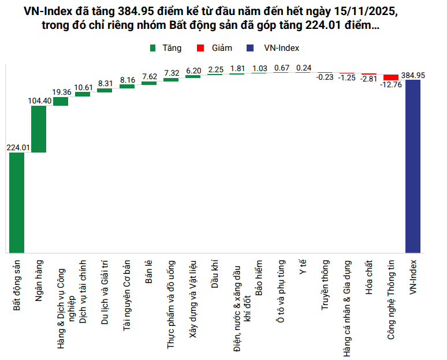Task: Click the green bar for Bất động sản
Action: (17, 202)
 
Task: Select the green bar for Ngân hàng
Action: (39, 129)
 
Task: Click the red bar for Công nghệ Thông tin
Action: (391, 77)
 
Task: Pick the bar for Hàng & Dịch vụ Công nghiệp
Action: (61, 102)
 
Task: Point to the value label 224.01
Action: (17, 147)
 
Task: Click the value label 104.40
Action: (39, 101)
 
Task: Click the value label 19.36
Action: (61, 92)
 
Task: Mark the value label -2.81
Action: (369, 79)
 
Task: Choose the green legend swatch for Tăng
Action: (153, 49)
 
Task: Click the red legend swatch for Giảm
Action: (200, 49)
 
